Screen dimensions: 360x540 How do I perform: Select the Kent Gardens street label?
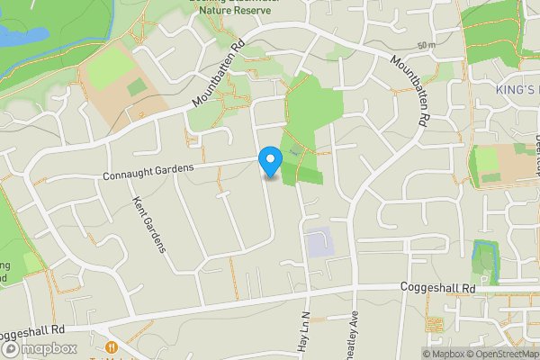click(150, 224)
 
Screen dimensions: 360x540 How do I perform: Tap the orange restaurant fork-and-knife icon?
click(112, 347)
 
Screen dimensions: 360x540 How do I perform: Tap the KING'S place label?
click(517, 90)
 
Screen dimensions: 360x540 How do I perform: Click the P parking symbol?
click(483, 280)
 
